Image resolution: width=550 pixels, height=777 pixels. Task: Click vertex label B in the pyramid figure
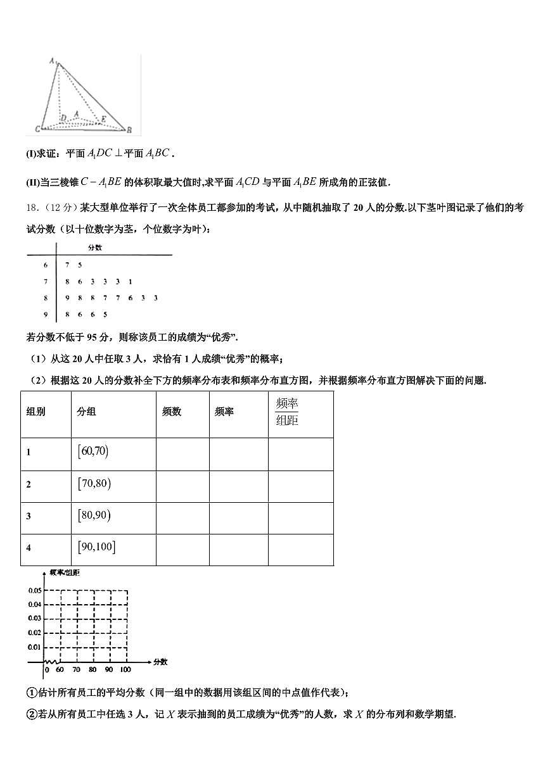(x=129, y=130)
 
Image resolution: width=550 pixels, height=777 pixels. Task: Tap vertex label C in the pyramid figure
(x=37, y=129)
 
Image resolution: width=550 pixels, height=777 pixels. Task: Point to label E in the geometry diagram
(x=104, y=118)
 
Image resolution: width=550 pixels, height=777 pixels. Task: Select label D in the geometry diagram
(x=63, y=118)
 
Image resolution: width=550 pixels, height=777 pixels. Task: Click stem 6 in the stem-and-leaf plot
(x=46, y=265)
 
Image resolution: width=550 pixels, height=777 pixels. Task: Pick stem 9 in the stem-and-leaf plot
(x=46, y=314)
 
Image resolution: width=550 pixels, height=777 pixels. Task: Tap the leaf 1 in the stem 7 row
(x=130, y=281)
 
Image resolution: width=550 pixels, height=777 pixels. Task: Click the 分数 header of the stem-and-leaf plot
(x=95, y=248)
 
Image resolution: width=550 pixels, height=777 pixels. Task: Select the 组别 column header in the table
(x=35, y=412)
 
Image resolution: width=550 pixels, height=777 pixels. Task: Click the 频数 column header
(x=172, y=412)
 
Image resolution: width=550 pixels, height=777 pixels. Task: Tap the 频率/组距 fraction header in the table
(x=287, y=412)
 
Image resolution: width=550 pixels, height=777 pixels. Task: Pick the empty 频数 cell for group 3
(x=182, y=517)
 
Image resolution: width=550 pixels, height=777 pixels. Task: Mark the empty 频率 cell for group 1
(x=238, y=453)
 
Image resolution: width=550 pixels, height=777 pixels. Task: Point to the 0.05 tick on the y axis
(x=34, y=590)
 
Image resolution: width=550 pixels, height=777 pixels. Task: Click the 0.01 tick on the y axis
(x=34, y=647)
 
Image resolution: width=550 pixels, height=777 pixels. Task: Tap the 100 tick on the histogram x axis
(x=125, y=669)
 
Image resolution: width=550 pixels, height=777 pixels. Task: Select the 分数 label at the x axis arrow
(x=160, y=662)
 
